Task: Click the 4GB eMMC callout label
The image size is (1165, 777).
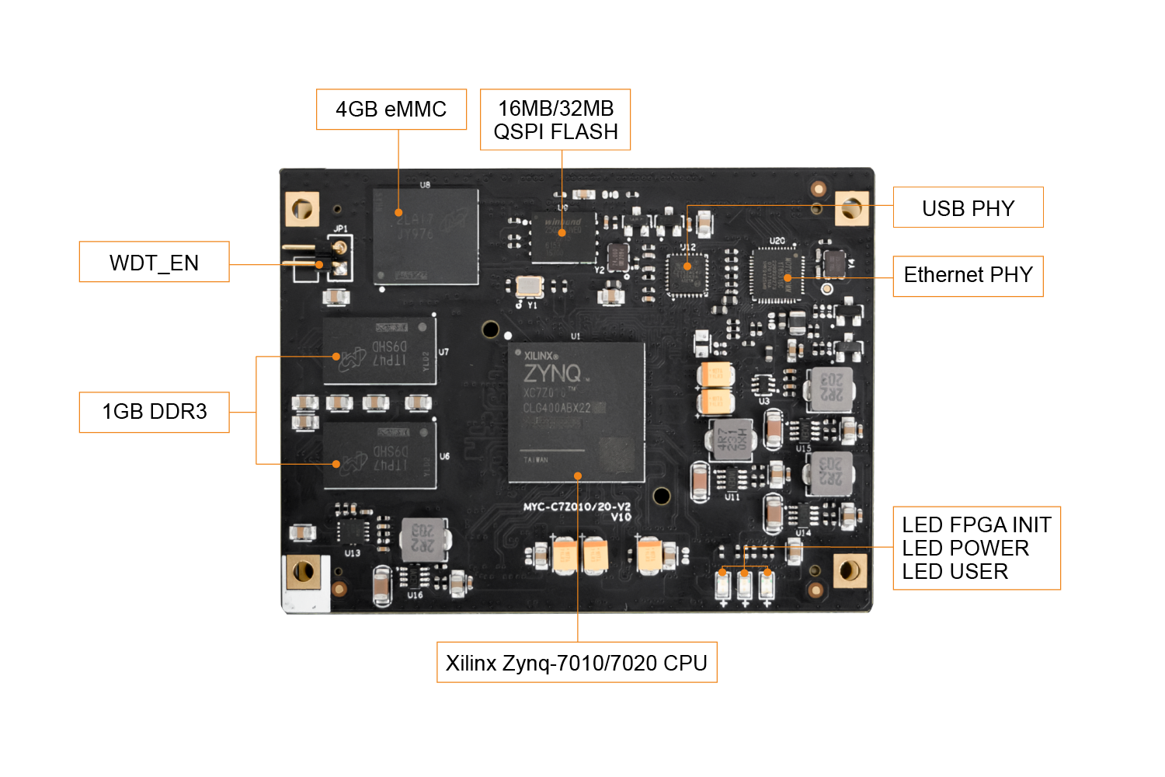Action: pos(391,110)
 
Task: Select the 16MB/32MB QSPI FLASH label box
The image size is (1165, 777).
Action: pos(555,120)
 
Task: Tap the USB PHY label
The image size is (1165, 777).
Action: pos(968,207)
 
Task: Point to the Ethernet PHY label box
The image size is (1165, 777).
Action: pos(968,276)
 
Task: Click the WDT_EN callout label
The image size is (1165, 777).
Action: pos(154,262)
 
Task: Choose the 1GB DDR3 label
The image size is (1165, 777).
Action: pos(154,412)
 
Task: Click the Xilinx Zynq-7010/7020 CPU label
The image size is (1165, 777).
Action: pos(576,663)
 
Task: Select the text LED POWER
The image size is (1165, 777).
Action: pos(965,549)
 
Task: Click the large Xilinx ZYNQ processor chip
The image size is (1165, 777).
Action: pos(576,412)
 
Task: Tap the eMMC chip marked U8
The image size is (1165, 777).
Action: pos(426,236)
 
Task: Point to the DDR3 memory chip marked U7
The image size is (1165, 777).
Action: pos(380,350)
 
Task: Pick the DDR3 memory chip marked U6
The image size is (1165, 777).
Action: pos(380,455)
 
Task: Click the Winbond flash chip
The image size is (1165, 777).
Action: pos(564,236)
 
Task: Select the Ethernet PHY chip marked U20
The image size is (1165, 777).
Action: pos(777,274)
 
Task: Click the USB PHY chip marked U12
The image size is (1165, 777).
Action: pos(687,275)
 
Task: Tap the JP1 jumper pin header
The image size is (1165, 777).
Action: pos(339,259)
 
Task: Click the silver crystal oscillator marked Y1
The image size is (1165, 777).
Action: pos(530,286)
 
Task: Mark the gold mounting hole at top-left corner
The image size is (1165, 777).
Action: pos(302,208)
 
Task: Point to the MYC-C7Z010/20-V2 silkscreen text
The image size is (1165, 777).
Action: pos(576,507)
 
